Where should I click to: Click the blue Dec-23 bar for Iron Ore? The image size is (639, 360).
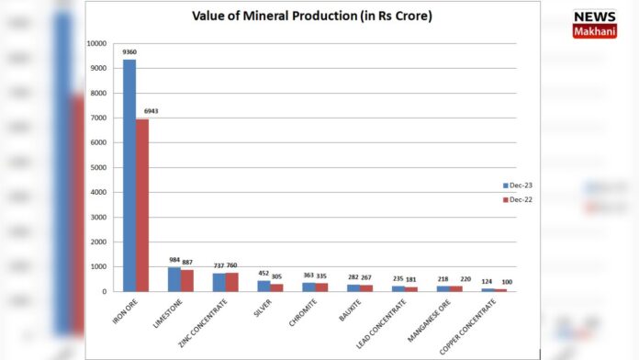click(129, 175)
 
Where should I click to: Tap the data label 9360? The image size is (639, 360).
click(129, 52)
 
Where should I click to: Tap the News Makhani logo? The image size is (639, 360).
click(594, 23)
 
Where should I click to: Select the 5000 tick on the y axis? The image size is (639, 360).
click(99, 167)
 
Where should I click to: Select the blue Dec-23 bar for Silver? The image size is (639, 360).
click(263, 286)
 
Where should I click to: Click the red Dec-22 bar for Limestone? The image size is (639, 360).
click(187, 280)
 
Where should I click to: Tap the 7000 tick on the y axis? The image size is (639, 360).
click(99, 118)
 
